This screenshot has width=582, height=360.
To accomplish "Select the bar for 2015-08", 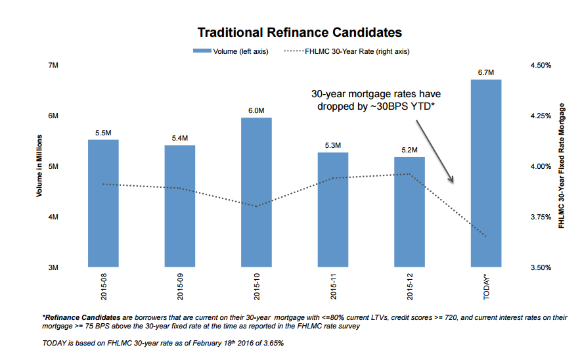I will pos(103,204).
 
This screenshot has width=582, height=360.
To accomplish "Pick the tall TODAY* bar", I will pos(487,173).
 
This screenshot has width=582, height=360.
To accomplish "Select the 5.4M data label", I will pos(180,138).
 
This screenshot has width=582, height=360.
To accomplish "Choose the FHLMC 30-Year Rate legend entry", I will pos(347,51).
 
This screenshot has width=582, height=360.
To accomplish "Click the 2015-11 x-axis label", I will pos(333,286).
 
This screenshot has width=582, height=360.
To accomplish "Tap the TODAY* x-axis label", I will pos(487,286).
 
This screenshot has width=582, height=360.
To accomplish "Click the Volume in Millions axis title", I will pos(39,167).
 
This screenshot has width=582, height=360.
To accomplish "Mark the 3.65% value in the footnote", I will pos(274,344).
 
